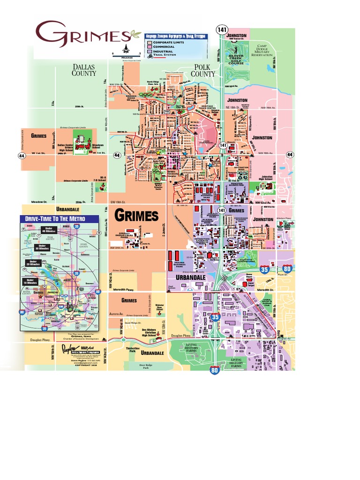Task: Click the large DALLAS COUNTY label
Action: [x=84, y=70]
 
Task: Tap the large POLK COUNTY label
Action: [x=203, y=70]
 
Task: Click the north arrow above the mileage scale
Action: [x=126, y=48]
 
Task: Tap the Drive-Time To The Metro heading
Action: [x=59, y=219]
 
